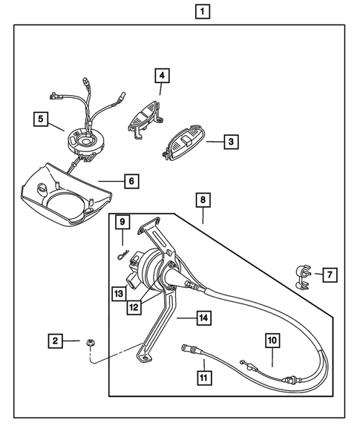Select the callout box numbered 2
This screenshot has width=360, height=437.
[55, 341]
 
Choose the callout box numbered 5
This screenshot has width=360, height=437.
[41, 118]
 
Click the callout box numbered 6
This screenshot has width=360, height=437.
[129, 180]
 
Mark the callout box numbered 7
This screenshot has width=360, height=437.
[329, 275]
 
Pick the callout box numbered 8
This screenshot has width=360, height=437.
[203, 200]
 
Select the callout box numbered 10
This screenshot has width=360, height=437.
[272, 341]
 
